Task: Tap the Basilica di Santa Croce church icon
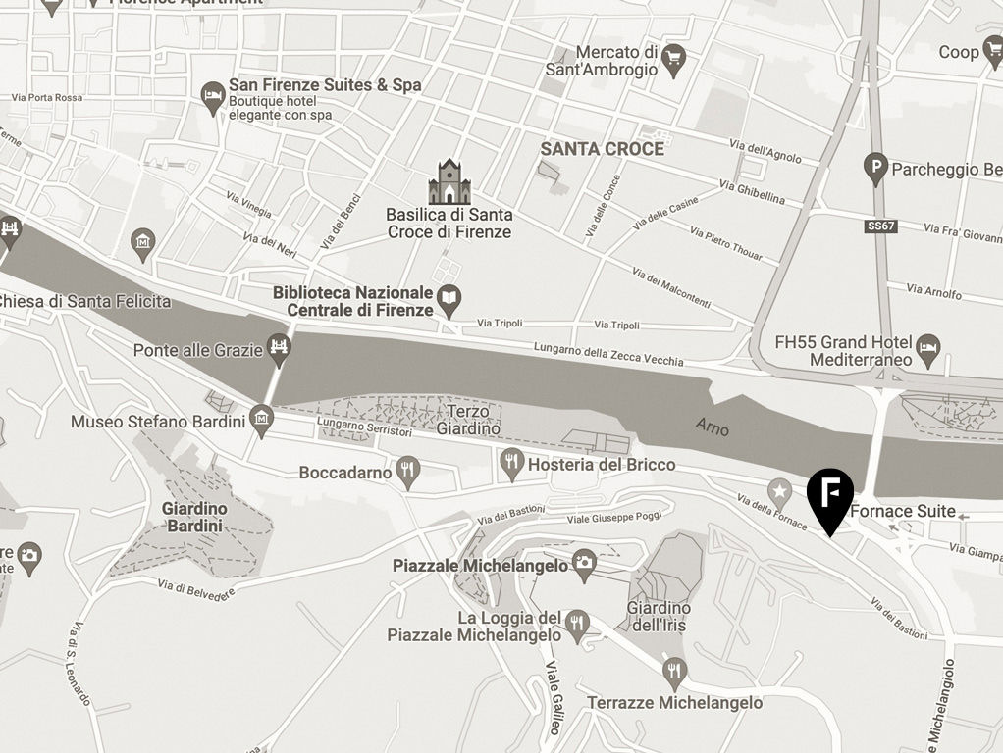449,181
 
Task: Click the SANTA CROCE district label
603,149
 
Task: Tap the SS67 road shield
881,226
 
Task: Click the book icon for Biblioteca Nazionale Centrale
449,299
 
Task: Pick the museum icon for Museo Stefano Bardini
261,420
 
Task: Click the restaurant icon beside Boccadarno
407,471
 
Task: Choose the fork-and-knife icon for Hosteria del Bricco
511,462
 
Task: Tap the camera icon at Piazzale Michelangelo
585,564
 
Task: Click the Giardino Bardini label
194,517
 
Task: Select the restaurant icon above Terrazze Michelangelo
673,673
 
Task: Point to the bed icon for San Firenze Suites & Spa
213,96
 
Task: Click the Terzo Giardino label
468,420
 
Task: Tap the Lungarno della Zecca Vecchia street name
608,354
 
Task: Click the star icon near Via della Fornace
779,488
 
